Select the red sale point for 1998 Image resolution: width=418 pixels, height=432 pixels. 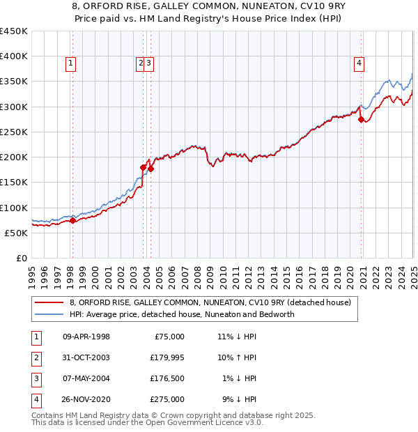click(x=72, y=221)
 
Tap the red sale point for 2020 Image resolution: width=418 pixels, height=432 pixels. click(x=361, y=120)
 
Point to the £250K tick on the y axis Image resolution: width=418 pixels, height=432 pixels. click(x=14, y=132)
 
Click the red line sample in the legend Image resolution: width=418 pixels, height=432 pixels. click(x=49, y=302)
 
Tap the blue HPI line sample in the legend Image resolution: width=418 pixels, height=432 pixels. click(x=49, y=314)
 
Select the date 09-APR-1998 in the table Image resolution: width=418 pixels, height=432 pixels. click(x=86, y=337)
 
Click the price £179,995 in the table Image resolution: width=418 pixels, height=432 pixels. click(x=167, y=357)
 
